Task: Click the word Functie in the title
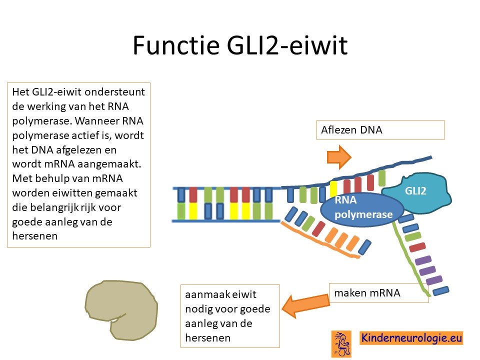tap(176, 45)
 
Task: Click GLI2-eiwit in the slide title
tap(287, 45)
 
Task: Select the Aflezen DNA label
tap(351, 130)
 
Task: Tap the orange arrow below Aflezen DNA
tap(339, 156)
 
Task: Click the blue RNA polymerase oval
tap(362, 209)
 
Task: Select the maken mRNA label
tap(367, 293)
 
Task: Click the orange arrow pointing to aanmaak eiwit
tap(305, 306)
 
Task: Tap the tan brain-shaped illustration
tap(121, 310)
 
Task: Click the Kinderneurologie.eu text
tap(411, 338)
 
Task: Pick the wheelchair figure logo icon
tap(341, 344)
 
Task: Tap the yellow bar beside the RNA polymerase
tap(333, 188)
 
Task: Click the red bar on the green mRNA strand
tap(417, 247)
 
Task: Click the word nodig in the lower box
tap(198, 309)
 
